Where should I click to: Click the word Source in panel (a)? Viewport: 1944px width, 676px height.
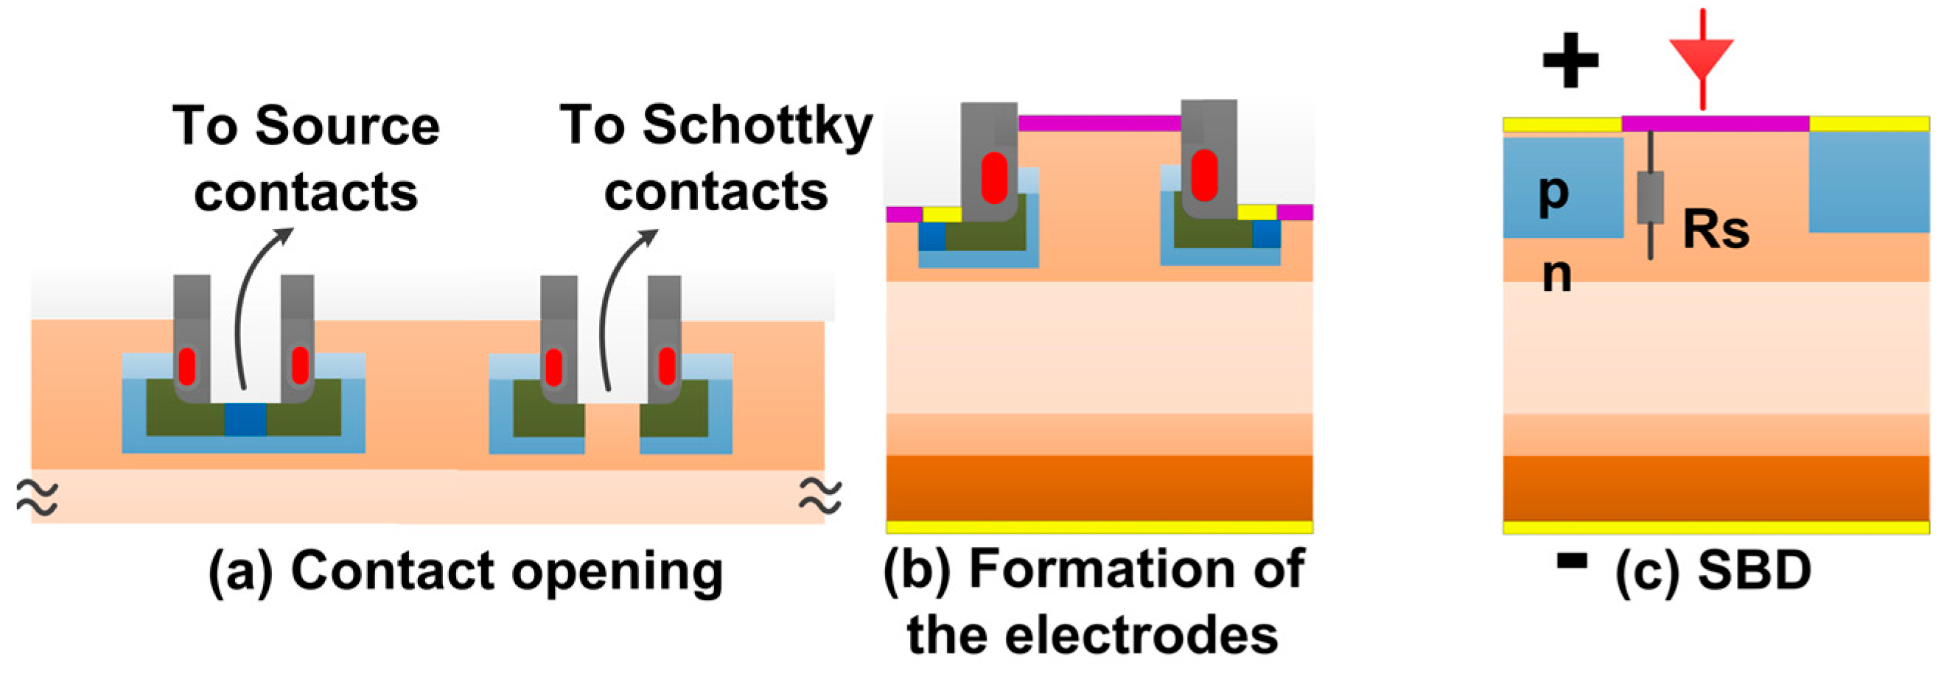pyautogui.click(x=347, y=126)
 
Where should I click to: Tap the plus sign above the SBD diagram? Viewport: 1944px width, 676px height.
pyautogui.click(x=1570, y=60)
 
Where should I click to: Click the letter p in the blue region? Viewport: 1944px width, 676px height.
pyautogui.click(x=1553, y=192)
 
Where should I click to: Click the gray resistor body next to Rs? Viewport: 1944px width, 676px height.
pyautogui.click(x=1650, y=197)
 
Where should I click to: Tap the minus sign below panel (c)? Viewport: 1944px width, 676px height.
pyautogui.click(x=1571, y=560)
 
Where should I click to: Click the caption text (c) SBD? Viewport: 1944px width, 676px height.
pyautogui.click(x=1713, y=571)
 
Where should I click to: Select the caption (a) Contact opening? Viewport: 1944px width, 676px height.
pyautogui.click(x=466, y=571)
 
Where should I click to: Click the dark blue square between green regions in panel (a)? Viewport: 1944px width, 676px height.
pyautogui.click(x=245, y=420)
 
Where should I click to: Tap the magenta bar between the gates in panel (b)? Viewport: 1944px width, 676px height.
pyautogui.click(x=1099, y=123)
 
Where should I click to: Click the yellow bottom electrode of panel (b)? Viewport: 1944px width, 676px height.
pyautogui.click(x=1099, y=527)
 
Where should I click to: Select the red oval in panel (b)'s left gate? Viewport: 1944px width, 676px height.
pyautogui.click(x=994, y=178)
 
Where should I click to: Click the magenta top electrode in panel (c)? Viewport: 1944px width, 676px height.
pyautogui.click(x=1715, y=124)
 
